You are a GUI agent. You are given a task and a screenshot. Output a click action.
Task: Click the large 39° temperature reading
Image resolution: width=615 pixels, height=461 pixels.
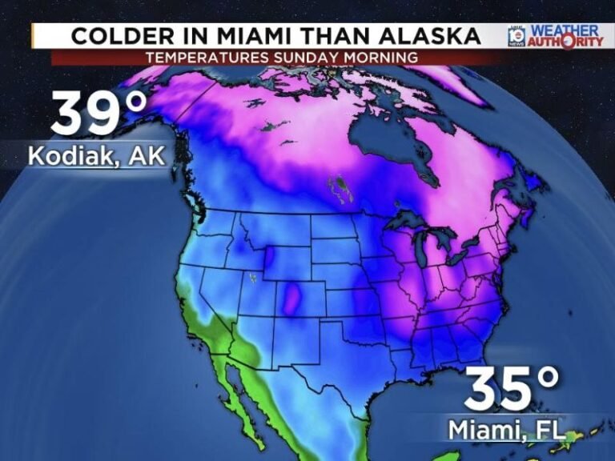coord(99,113)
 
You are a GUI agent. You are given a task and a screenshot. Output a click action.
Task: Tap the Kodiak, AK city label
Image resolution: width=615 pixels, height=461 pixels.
coord(97,155)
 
